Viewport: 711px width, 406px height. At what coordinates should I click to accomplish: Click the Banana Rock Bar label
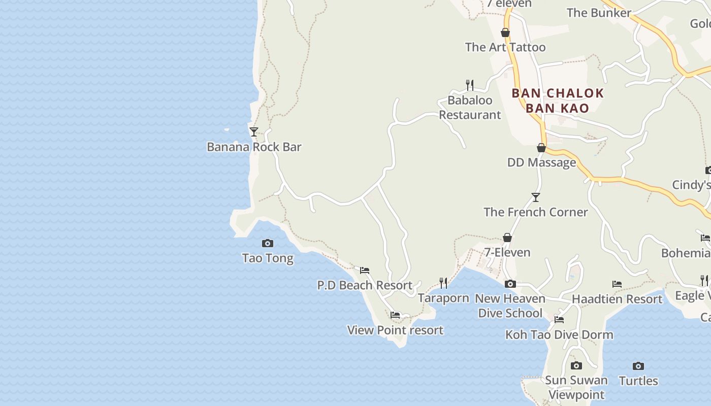click(x=254, y=147)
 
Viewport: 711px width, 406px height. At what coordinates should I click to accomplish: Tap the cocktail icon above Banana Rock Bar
click(x=254, y=132)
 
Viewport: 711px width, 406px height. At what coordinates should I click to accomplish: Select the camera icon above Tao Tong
click(x=268, y=244)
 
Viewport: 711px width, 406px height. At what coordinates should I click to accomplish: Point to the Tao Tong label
click(x=268, y=258)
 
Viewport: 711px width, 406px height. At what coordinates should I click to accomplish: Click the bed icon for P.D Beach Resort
click(x=365, y=270)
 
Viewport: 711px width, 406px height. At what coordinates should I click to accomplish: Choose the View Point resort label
click(x=395, y=330)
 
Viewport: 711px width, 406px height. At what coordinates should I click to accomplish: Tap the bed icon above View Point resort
click(x=395, y=315)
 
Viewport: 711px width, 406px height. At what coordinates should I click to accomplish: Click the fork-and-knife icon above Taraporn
click(x=443, y=283)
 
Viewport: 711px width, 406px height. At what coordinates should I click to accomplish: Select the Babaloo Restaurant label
click(x=470, y=108)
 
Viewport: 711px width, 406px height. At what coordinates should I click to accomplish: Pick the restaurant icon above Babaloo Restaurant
click(x=470, y=85)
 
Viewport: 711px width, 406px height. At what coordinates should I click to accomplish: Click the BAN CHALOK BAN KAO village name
click(x=558, y=100)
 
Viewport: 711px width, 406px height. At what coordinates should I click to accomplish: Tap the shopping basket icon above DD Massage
click(x=541, y=148)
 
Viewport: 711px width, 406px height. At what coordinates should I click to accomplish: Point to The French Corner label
click(x=536, y=212)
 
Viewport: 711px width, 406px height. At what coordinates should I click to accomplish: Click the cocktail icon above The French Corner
click(x=536, y=197)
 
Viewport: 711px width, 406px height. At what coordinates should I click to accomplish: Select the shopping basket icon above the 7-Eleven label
click(x=507, y=238)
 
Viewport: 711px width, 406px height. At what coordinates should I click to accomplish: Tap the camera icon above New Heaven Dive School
click(x=510, y=284)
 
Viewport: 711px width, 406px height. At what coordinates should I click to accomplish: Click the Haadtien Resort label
click(x=617, y=299)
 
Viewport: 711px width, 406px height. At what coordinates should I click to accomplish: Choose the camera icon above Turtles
click(x=638, y=366)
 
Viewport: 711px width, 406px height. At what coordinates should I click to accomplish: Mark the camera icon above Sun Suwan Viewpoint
click(x=576, y=365)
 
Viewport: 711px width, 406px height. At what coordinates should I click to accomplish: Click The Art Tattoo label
click(x=505, y=47)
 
